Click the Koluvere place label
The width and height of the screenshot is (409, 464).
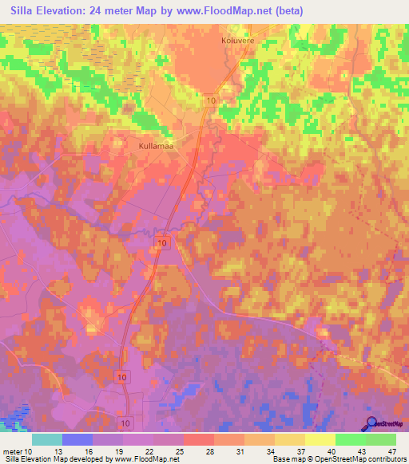tap(237, 37)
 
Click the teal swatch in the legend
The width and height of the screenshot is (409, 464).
tap(47, 439)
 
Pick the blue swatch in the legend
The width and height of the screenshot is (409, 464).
tap(77, 439)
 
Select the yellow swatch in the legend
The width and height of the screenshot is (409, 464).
tap(320, 439)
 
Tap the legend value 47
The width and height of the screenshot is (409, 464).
tap(393, 451)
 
